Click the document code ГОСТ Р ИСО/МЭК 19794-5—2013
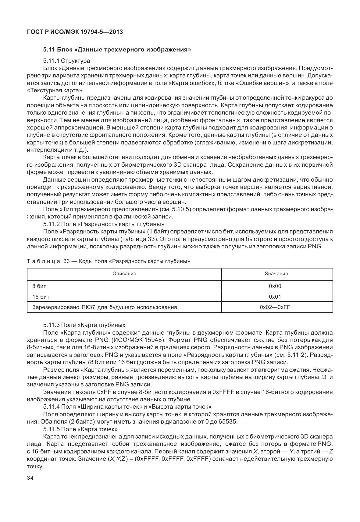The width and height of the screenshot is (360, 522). pos(75,32)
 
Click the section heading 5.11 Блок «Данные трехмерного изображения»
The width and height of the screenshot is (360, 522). pos(117,49)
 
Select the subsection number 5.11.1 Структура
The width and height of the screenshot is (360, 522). pos(66,61)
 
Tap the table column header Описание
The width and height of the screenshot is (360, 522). pos(124,273)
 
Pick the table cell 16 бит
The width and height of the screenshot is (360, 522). pos(41,297)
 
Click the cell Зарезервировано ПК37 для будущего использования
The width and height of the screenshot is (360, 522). pos(105,307)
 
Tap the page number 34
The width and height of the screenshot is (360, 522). pos(30,478)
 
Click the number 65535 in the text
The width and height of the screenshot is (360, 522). pos(226,422)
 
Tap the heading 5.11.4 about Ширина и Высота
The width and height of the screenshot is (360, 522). pos(127,407)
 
